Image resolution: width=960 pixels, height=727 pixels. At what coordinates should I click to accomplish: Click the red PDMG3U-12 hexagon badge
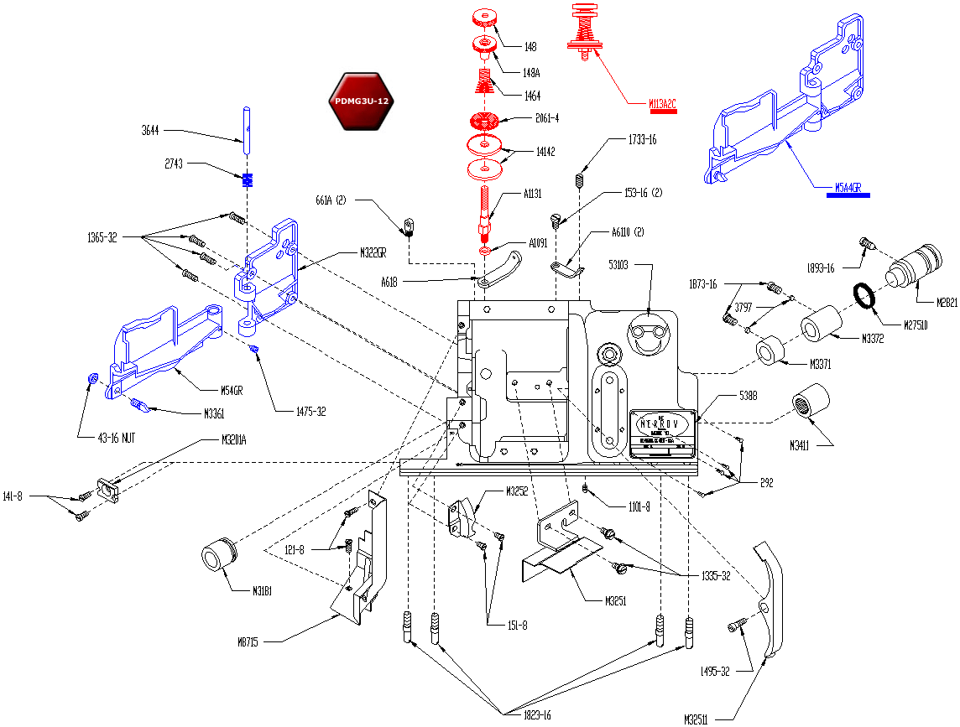tap(359, 101)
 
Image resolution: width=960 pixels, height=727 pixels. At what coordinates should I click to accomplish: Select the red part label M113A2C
tap(662, 105)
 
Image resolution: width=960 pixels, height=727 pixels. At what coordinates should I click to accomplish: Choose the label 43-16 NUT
tap(105, 437)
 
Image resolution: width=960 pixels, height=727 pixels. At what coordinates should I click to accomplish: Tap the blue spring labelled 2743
tap(248, 180)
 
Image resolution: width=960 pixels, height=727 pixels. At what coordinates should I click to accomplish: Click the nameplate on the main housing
tap(663, 432)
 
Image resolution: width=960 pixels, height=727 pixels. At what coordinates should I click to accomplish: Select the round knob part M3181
tap(220, 553)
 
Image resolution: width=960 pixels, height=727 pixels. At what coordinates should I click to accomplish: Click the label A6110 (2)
tap(626, 233)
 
